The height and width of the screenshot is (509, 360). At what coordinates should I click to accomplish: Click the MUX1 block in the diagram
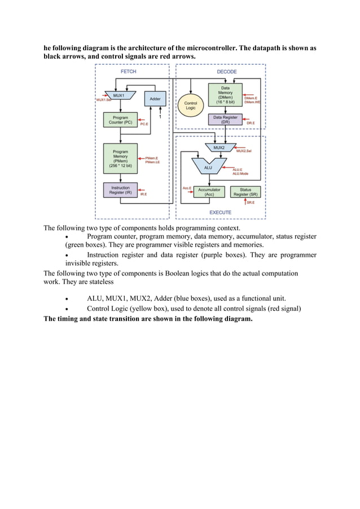tap(119, 96)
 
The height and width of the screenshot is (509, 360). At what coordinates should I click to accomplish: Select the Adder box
tap(155, 99)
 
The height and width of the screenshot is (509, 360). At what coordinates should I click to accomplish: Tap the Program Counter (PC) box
tap(120, 120)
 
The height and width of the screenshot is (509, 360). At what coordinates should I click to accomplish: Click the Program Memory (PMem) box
tap(120, 159)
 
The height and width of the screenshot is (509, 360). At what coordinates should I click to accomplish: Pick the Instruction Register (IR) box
tap(120, 190)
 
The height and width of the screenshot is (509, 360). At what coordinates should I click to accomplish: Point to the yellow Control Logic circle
tap(191, 105)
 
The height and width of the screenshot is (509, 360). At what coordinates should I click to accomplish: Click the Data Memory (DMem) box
tap(225, 95)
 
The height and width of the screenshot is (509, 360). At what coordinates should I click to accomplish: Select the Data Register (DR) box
tap(225, 120)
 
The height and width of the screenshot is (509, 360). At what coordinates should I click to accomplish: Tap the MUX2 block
tap(218, 147)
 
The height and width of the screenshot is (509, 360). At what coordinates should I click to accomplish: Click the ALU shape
tap(208, 166)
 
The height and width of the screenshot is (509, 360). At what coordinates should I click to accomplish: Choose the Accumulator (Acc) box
tap(209, 192)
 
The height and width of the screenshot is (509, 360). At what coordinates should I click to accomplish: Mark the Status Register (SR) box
tap(245, 192)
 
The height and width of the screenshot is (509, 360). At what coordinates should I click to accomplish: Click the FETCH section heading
tap(129, 72)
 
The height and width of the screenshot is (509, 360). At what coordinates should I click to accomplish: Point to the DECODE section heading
tap(227, 72)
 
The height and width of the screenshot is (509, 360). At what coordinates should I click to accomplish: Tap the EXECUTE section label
tap(220, 212)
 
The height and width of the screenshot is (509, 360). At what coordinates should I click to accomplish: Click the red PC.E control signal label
tap(144, 124)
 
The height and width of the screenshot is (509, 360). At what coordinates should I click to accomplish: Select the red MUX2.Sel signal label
tap(244, 151)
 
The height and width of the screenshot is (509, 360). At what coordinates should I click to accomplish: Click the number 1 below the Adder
tap(160, 117)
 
